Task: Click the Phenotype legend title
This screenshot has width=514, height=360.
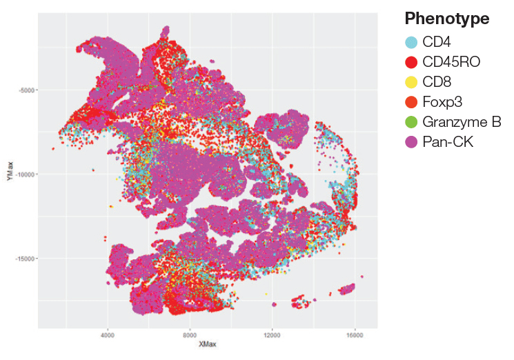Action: click(447, 19)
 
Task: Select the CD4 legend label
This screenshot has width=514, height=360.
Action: click(437, 42)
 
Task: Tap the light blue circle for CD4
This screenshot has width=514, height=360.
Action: click(411, 42)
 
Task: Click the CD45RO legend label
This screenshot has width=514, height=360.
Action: click(451, 62)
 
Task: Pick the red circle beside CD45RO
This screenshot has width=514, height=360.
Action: click(411, 62)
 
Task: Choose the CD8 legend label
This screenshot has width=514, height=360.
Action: click(437, 82)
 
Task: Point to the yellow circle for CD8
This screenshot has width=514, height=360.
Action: click(411, 82)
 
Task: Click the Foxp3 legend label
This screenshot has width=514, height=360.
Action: click(442, 102)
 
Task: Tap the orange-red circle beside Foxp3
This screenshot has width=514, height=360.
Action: click(411, 102)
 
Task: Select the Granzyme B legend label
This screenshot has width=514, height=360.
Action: click(461, 123)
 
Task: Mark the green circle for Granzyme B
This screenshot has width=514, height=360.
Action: click(411, 123)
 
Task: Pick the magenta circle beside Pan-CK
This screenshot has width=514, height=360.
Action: click(411, 143)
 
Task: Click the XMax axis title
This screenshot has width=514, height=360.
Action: click(208, 344)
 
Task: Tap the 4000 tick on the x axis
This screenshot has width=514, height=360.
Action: click(108, 335)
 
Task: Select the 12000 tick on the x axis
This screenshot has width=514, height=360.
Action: click(273, 335)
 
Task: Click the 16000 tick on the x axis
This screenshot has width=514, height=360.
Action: click(355, 335)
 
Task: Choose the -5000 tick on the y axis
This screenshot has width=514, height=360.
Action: click(27, 90)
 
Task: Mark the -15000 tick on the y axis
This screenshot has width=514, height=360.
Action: click(26, 259)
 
